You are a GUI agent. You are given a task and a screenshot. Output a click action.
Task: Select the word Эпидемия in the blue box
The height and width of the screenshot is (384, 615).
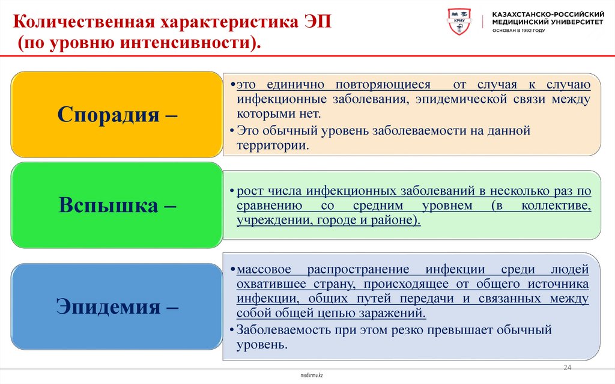(x=108, y=306)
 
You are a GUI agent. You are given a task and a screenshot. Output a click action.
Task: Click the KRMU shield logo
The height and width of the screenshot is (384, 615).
(x=460, y=22)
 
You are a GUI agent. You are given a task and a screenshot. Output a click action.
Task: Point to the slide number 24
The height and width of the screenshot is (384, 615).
(x=567, y=368)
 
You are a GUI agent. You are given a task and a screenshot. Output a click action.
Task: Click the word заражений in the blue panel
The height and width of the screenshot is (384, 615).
(x=393, y=314)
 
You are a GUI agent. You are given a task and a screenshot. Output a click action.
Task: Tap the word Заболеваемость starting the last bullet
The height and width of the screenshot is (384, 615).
(x=278, y=330)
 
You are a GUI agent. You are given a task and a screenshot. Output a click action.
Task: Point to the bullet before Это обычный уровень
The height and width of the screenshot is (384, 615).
(x=232, y=130)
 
